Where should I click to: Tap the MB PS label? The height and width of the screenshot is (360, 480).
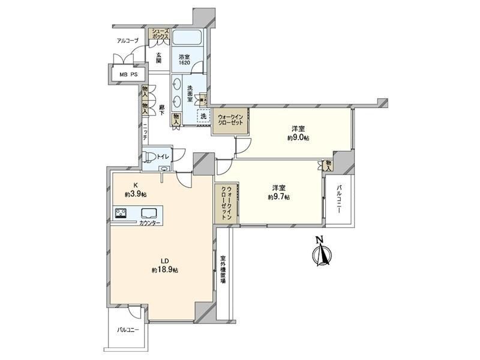point(129,74)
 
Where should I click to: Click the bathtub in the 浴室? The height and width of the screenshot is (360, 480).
point(187,37)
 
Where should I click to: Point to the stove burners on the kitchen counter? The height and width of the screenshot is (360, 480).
point(121,213)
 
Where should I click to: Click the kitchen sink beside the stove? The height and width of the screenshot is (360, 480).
point(149,213)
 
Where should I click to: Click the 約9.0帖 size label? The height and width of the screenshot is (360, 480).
point(298,138)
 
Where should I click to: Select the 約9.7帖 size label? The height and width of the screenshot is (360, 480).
point(279,197)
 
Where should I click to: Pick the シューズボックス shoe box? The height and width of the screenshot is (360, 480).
point(160,34)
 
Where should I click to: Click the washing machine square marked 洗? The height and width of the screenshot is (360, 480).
point(203,116)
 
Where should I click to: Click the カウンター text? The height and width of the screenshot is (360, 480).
point(149,223)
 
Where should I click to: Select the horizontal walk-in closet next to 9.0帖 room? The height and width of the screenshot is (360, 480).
point(230,122)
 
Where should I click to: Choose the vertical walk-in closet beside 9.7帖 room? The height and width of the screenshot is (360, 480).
point(227,203)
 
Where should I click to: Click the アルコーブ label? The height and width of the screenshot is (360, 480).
point(128,40)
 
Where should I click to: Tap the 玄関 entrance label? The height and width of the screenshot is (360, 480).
point(158,58)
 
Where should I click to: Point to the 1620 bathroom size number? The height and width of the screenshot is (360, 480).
point(184,63)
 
